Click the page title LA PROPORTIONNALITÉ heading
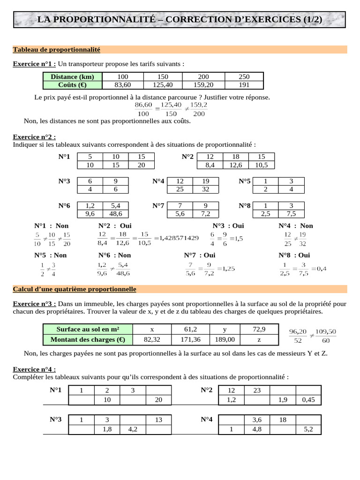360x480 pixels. [x=180, y=20]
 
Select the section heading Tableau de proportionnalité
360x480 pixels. [x=57, y=49]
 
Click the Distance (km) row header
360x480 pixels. [x=72, y=77]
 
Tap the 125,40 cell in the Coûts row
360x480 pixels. [x=163, y=85]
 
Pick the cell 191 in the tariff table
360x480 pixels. [x=244, y=85]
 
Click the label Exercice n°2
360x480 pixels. [x=34, y=137]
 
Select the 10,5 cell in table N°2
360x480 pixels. [x=261, y=165]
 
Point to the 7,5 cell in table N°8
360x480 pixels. [x=291, y=213]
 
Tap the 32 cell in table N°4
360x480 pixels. [x=205, y=189]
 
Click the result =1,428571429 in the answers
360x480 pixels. [x=176, y=238]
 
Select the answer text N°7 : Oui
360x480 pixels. [x=200, y=255]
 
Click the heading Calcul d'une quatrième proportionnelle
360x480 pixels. [x=75, y=289]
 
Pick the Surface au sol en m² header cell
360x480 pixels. [x=88, y=330]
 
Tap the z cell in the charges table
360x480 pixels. [x=259, y=339]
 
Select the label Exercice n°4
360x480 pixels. [x=34, y=369]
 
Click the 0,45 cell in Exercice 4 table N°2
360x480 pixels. [x=308, y=400]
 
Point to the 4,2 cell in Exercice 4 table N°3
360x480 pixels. [x=132, y=429]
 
